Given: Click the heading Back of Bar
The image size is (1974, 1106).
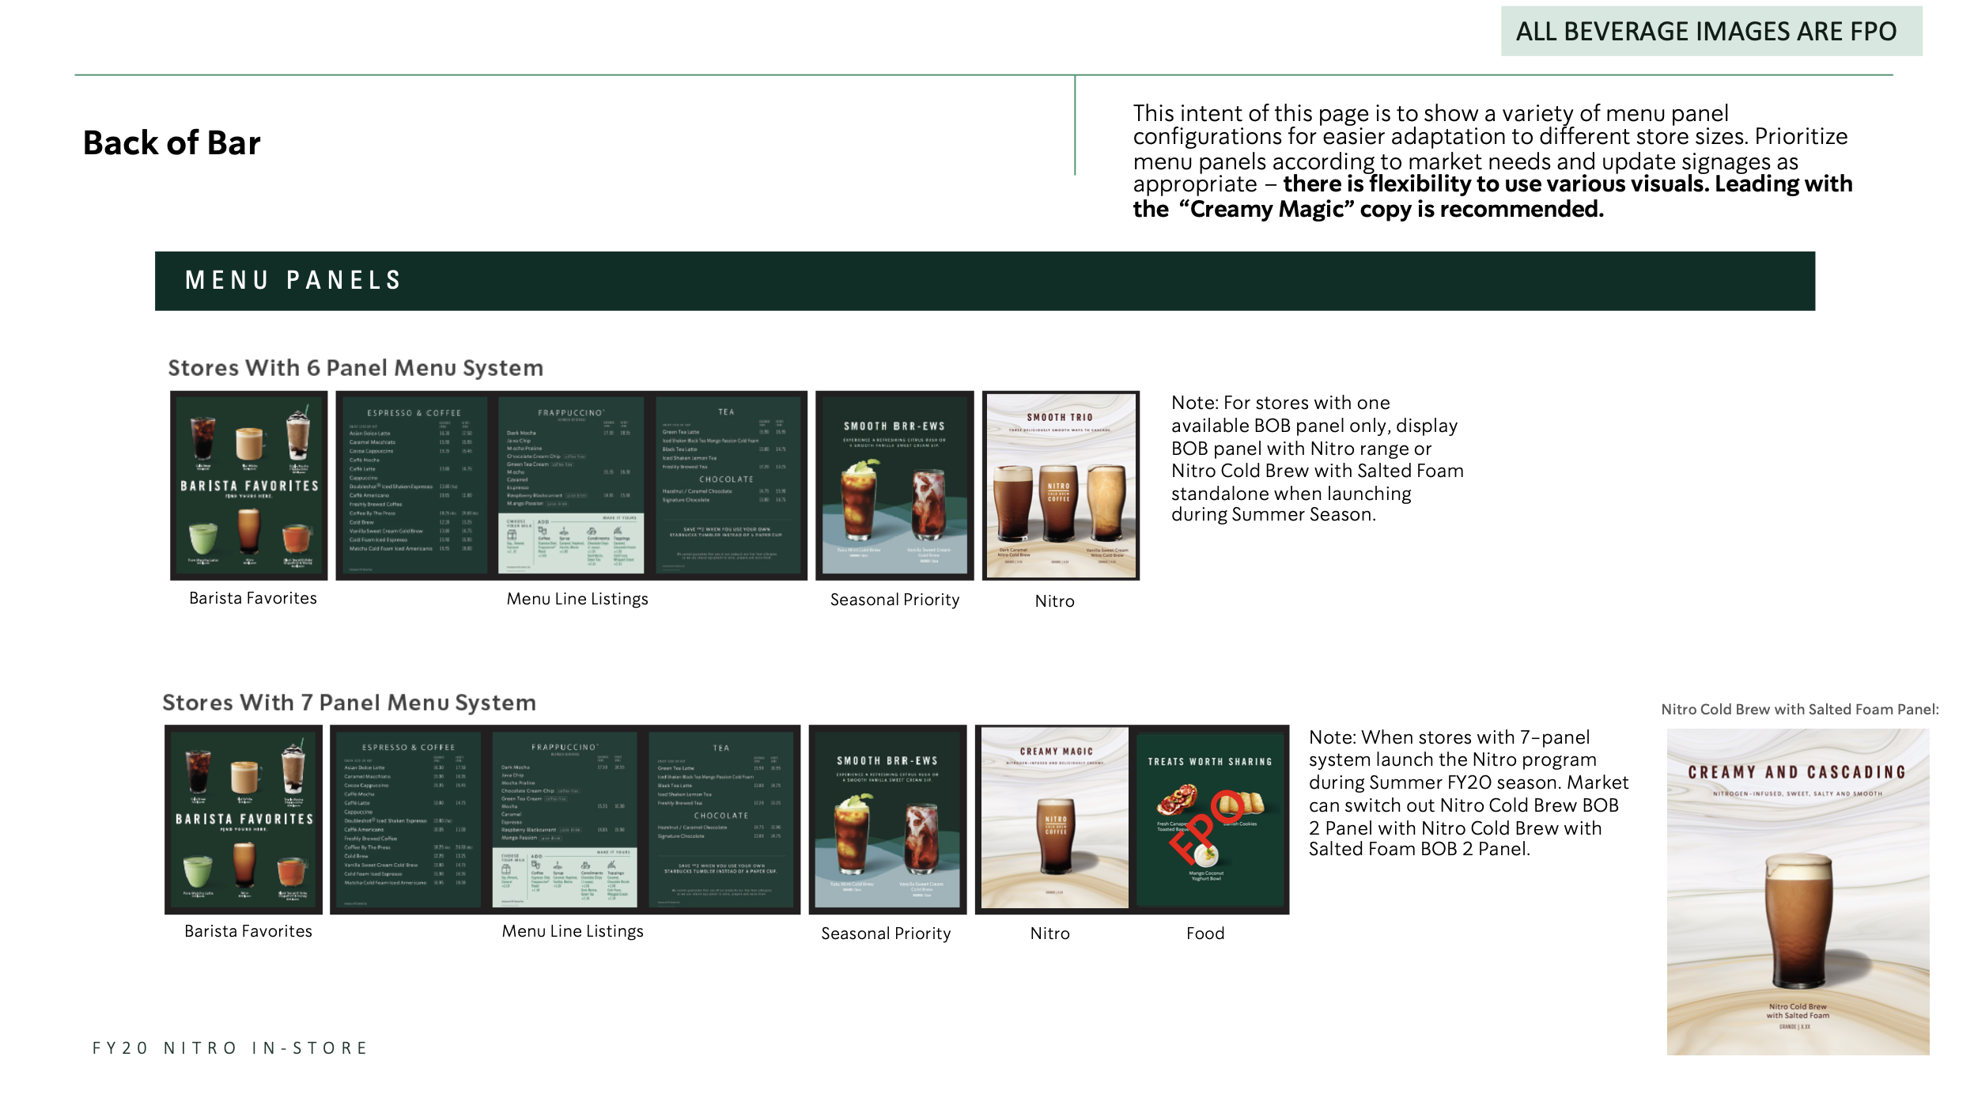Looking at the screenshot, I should (172, 143).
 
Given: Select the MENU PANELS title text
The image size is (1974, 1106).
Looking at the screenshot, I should (293, 280).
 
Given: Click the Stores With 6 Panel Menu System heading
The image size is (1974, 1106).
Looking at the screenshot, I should (355, 368).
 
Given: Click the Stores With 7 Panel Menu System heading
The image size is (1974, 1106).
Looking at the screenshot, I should (349, 703).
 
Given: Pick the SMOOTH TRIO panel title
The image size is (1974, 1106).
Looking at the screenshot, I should (1059, 417).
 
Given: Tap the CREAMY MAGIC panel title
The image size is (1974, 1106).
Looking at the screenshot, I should (1056, 751).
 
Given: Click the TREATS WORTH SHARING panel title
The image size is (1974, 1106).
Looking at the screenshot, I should (1209, 761).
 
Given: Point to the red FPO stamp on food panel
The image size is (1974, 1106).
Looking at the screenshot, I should (1204, 824).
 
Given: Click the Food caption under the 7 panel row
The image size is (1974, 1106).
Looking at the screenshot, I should (1204, 934).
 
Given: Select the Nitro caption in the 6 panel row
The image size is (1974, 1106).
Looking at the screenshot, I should (1054, 601).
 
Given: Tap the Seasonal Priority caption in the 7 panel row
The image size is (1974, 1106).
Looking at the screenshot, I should (885, 934).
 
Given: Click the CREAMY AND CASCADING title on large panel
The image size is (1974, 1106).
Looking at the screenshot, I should (1796, 772).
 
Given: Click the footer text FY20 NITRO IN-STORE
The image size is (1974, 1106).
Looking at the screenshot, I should (230, 1048).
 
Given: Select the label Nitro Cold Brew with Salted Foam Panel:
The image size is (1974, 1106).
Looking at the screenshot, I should (1799, 710).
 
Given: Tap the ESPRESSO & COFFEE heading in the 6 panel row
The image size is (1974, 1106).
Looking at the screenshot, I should (413, 413).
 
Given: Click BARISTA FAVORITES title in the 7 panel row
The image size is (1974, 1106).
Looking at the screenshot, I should (244, 819).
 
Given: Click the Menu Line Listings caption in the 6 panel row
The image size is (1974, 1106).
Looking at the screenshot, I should (577, 599).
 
